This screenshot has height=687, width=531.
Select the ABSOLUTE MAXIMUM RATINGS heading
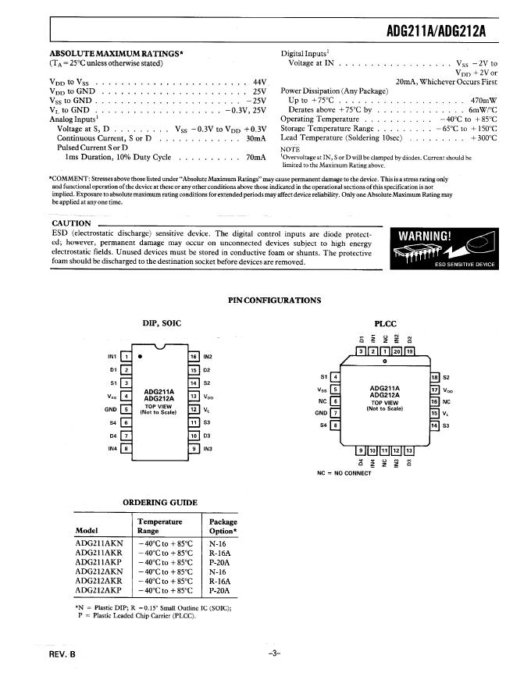[x=116, y=53]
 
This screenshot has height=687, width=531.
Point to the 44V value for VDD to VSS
[x=260, y=81]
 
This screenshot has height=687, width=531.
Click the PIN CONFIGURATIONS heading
[x=274, y=301]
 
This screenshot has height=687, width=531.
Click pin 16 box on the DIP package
[x=194, y=357]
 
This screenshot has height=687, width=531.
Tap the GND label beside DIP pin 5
[x=110, y=409]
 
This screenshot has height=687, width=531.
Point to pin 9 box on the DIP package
[x=194, y=449]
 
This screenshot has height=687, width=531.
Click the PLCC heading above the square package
[x=386, y=323]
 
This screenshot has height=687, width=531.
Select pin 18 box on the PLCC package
[x=435, y=377]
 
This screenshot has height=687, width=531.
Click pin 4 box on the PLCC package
[x=335, y=377]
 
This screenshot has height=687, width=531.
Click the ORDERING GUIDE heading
[x=160, y=502]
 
